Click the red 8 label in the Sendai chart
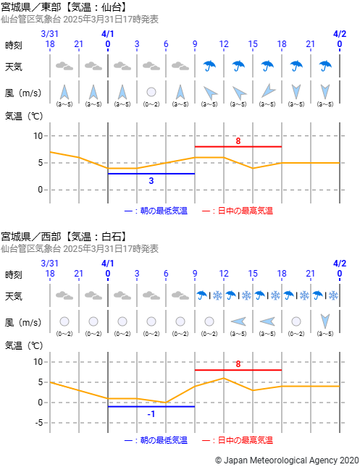(238, 141)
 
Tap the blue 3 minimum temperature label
(151, 181)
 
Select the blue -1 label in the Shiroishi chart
(151, 414)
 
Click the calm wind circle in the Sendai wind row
(151, 92)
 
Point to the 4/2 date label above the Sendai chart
(340, 34)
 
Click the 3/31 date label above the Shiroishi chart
(49, 264)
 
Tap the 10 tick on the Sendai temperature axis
(38, 136)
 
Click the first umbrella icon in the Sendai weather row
(209, 66)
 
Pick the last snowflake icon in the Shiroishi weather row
(333, 295)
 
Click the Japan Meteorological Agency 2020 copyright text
(287, 460)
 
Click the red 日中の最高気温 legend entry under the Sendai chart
(238, 211)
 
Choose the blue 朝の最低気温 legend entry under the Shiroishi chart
(156, 440)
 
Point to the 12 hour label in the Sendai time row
(224, 44)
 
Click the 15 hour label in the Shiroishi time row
(253, 274)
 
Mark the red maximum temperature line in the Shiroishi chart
(238, 370)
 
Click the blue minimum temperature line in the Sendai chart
(151, 174)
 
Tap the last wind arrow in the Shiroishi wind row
(325, 321)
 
